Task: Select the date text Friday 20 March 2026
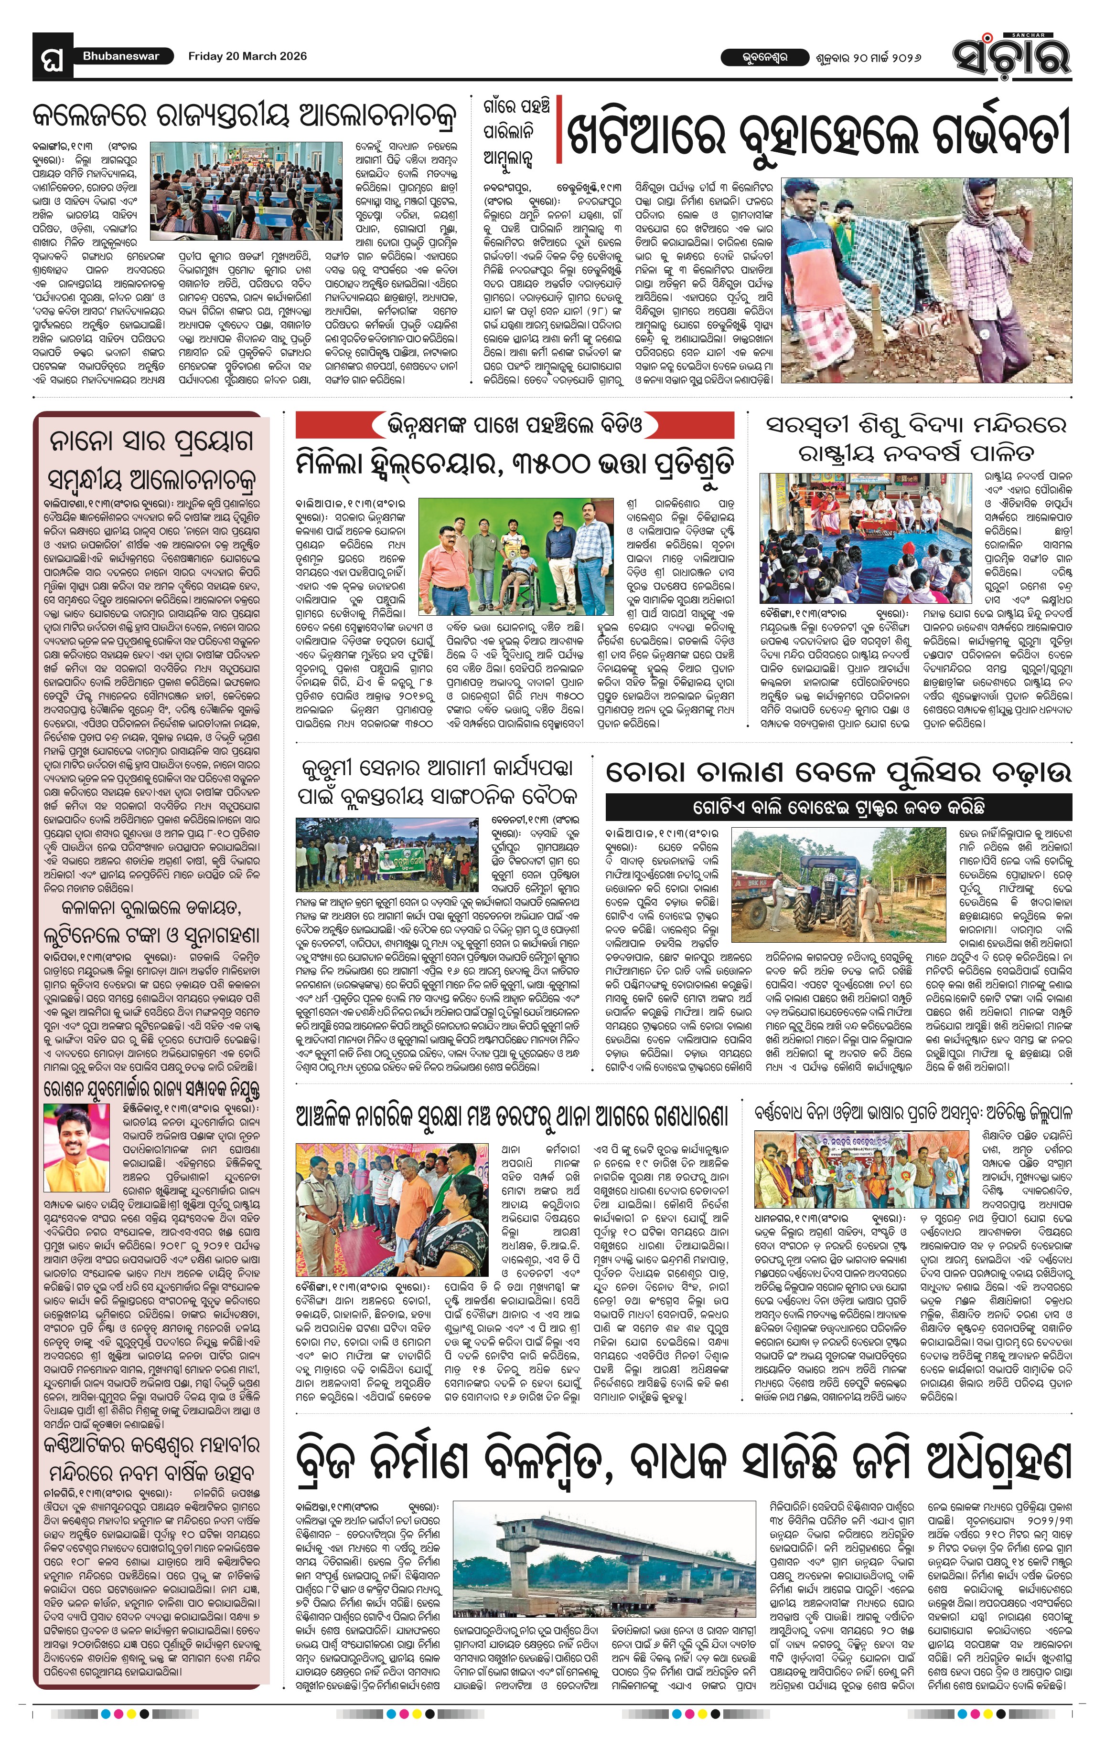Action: [x=247, y=56]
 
